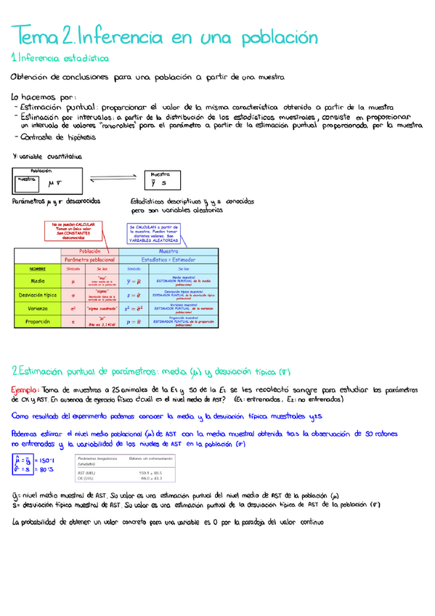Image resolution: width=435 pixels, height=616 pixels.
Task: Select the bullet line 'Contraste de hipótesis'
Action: pos(49,137)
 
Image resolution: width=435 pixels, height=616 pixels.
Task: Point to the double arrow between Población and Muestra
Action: pos(113,179)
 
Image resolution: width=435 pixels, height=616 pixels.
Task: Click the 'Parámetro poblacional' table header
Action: pos(89,259)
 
